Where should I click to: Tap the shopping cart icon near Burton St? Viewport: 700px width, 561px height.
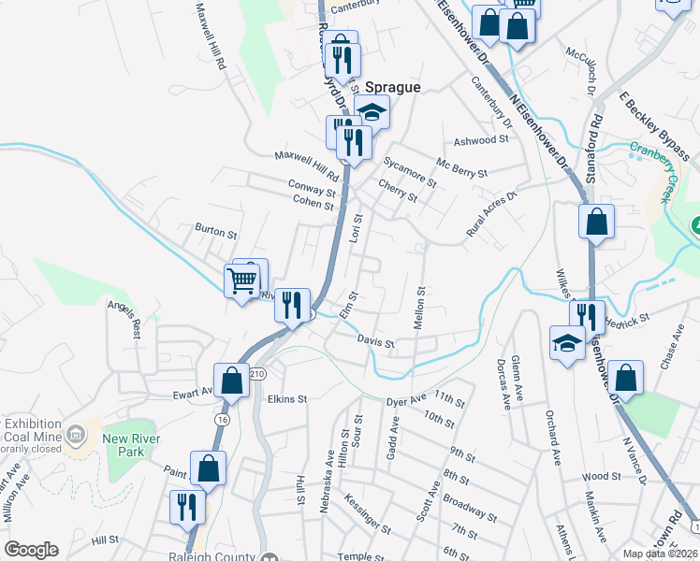tap(242, 279)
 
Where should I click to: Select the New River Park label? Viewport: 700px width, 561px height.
tap(132, 446)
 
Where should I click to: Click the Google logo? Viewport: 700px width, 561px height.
tap(31, 550)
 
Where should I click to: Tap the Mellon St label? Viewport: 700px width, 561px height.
tap(420, 308)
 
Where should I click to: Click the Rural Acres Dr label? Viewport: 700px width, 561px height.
tap(492, 214)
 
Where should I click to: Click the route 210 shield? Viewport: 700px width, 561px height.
tap(258, 373)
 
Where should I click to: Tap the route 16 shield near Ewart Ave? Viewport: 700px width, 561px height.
tap(221, 421)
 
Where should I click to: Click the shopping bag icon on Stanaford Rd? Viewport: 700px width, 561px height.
tap(596, 223)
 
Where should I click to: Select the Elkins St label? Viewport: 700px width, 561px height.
tap(287, 399)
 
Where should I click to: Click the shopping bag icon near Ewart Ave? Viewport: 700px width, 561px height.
tap(230, 380)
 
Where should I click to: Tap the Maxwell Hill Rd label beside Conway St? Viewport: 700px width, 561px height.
tap(306, 168)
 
